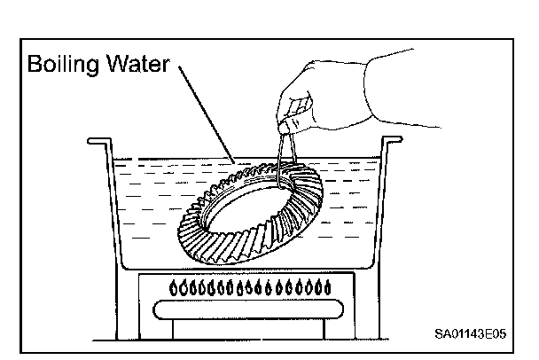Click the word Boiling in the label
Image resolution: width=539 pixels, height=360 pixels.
click(x=64, y=65)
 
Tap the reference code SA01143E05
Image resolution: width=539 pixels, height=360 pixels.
click(x=473, y=334)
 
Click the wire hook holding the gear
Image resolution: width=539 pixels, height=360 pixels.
click(x=282, y=160)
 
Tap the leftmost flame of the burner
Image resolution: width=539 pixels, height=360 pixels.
click(x=175, y=288)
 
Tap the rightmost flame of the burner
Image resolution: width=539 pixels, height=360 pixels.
click(x=329, y=288)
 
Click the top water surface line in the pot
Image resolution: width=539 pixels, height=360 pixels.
click(x=177, y=161)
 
